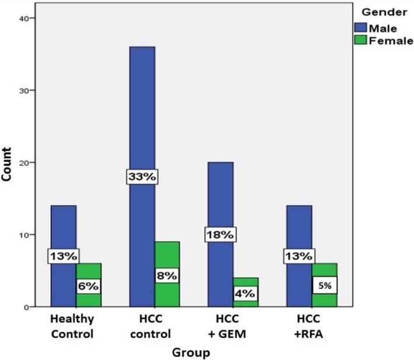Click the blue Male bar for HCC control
click(x=142, y=117)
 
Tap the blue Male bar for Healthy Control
click(x=63, y=228)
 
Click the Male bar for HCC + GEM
click(x=221, y=193)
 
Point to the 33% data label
click(x=142, y=177)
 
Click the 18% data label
click(x=220, y=235)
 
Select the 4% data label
click(x=245, y=293)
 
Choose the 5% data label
click(x=324, y=286)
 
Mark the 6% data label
click(x=88, y=286)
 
